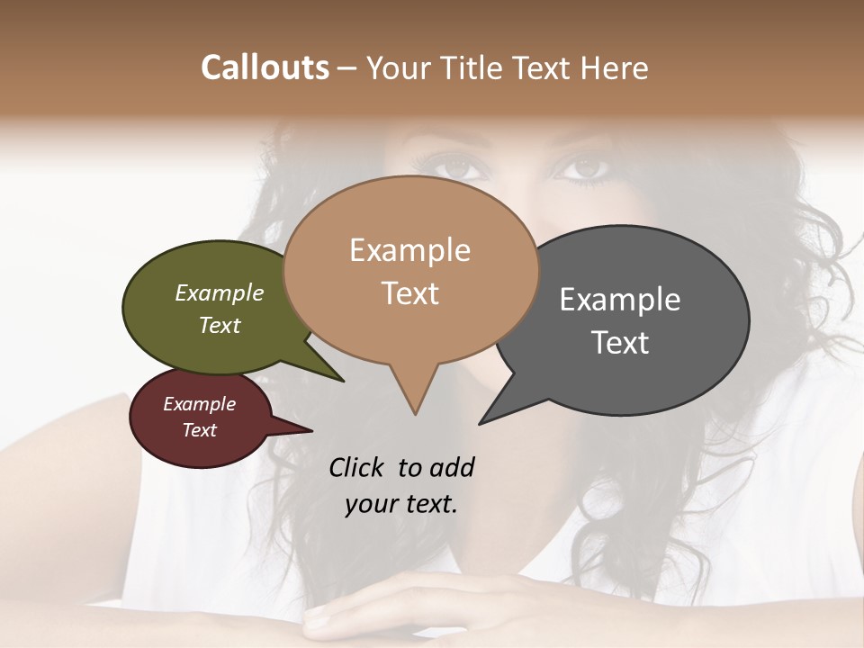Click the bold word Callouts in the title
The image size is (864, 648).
tap(265, 68)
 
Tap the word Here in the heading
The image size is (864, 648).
tap(613, 68)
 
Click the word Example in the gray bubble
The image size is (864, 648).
tap(620, 300)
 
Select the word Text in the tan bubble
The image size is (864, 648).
tap(410, 293)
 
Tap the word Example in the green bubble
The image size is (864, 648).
tap(220, 293)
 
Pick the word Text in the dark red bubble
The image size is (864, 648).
tap(200, 430)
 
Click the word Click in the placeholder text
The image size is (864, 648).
tap(359, 468)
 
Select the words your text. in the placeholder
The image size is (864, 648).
tap(401, 504)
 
